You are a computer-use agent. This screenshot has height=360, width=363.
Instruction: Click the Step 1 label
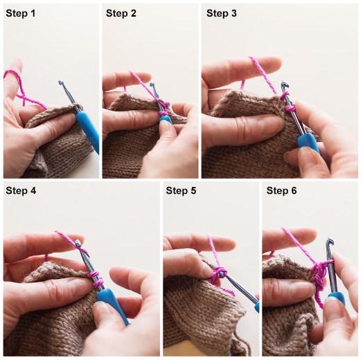pyautogui.click(x=21, y=13)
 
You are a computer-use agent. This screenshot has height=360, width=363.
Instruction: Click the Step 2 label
pyautogui.click(x=121, y=13)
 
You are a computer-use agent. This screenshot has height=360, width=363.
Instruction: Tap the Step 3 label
pyautogui.click(x=221, y=13)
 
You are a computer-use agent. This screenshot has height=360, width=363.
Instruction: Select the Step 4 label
pyautogui.click(x=21, y=190)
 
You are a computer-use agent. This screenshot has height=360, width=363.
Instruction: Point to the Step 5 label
pyautogui.click(x=181, y=190)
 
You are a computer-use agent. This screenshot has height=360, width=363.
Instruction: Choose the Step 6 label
pyautogui.click(x=281, y=190)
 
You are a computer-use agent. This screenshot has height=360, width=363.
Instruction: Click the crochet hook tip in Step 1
pyautogui.click(x=61, y=82)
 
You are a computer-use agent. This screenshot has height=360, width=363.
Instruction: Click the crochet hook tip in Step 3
pyautogui.click(x=284, y=84)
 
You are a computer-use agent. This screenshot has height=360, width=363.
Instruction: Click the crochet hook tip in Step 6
pyautogui.click(x=330, y=242)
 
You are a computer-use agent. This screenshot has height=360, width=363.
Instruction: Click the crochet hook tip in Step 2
pyautogui.click(x=152, y=85)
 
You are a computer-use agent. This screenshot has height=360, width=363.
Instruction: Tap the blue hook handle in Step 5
pyautogui.click(x=257, y=305)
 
